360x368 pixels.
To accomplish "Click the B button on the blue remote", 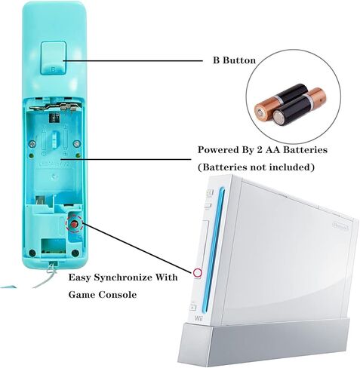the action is (54, 58).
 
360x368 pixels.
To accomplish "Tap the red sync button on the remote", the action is (74, 224).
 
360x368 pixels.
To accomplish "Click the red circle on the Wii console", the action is (198, 272).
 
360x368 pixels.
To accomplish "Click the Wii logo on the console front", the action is (198, 319).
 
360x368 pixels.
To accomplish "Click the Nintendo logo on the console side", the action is (340, 225).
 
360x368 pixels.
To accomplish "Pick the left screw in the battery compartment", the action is (32, 144).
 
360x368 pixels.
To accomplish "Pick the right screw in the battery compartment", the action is (77, 144).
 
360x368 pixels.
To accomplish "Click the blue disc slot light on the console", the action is (213, 250).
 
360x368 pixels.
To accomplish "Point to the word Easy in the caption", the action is (79, 278).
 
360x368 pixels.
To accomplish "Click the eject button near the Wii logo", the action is (193, 307).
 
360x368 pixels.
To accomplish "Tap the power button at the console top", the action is (209, 193).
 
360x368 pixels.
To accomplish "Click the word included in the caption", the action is (292, 167).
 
